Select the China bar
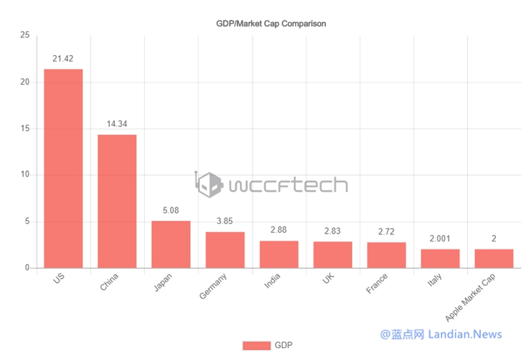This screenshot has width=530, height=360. [x=117, y=201]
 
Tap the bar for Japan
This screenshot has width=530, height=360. [x=171, y=244]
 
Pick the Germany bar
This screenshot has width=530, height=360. [x=225, y=250]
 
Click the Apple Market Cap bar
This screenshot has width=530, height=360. [x=494, y=258]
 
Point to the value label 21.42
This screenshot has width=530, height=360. [x=64, y=59]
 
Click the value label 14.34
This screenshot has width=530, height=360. [x=117, y=124]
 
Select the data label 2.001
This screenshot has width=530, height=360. [x=440, y=239]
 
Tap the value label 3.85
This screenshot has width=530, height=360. [x=225, y=221]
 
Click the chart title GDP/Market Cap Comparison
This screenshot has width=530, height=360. [x=271, y=23]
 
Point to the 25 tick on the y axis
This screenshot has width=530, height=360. [x=25, y=35]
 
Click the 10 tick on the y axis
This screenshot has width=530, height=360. [x=25, y=175]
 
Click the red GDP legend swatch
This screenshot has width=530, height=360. [x=256, y=345]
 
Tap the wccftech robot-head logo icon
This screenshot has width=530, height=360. [x=210, y=185]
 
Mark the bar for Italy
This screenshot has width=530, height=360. [x=440, y=258]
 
